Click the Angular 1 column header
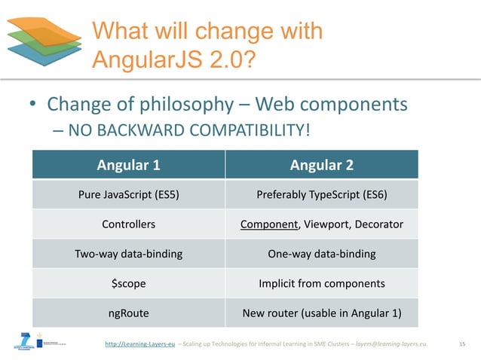tap(128, 164)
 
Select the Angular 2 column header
tap(322, 164)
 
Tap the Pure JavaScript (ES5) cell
tap(128, 194)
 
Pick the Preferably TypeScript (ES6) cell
tap(322, 194)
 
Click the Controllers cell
tap(128, 224)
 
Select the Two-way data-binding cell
tap(128, 254)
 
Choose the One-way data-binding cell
tap(322, 254)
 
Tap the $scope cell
tap(128, 284)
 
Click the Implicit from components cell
tap(322, 284)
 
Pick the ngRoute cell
tap(128, 313)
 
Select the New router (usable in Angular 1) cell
tap(322, 313)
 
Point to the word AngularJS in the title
tap(139, 57)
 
